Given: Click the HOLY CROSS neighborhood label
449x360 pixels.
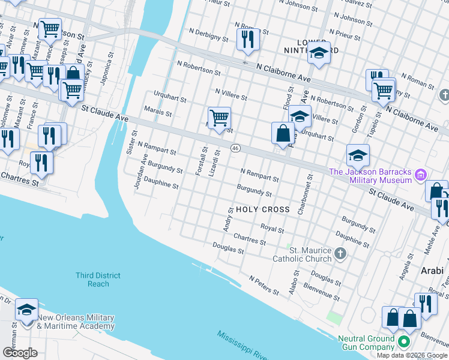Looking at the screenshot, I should coord(263,209).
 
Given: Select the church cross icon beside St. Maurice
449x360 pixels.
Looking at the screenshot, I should coord(341,253).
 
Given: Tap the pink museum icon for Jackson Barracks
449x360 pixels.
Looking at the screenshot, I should coord(420,175).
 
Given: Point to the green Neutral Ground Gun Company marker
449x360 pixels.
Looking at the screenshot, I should coord(403,343).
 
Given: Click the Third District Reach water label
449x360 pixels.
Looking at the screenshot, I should coord(98,280).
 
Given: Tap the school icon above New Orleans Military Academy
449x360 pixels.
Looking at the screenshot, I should coord(26,310).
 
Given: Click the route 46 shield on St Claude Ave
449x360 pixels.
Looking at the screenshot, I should coord(235,148).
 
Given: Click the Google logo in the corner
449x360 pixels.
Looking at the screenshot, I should coord(20,353).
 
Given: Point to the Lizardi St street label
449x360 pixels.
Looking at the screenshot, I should coord(214,162).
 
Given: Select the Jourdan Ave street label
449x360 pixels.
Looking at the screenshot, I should coord(140,172).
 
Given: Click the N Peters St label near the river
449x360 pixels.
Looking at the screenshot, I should coord(264,286).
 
